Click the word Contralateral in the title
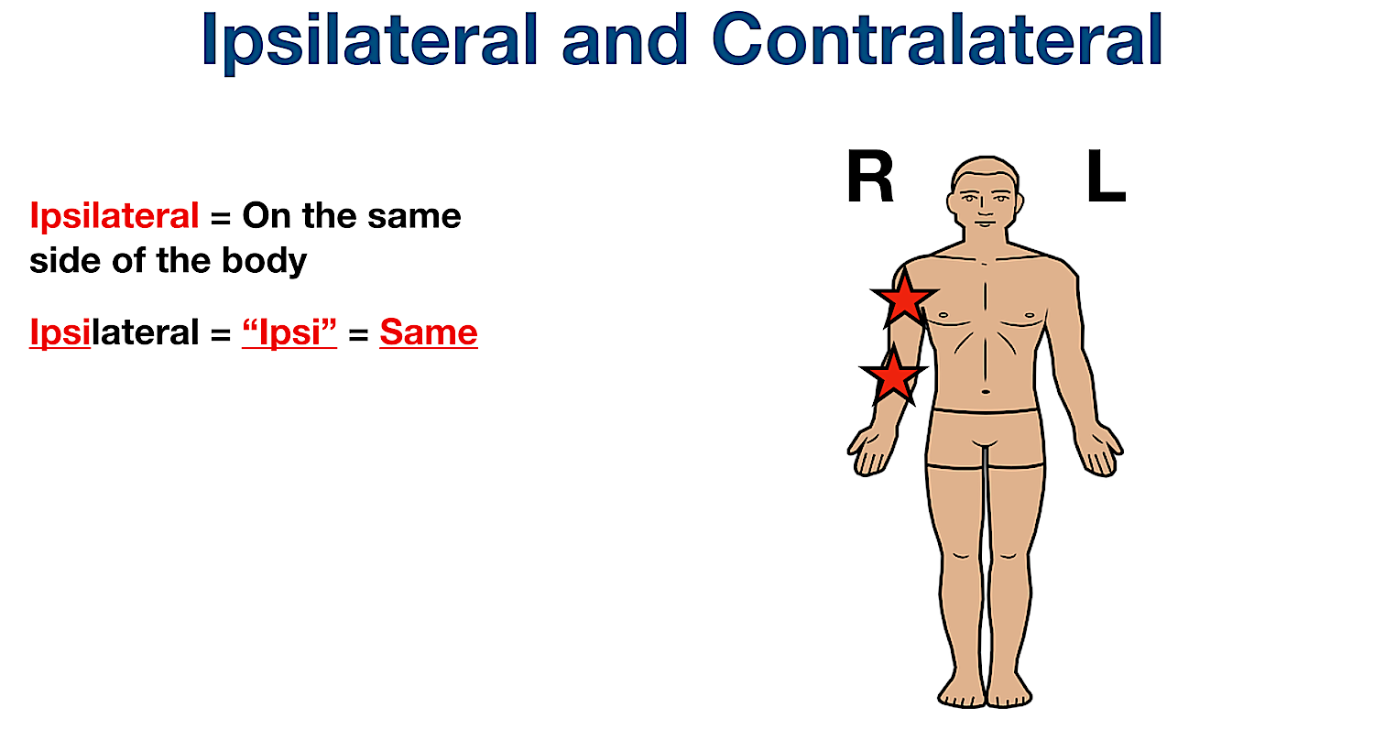pyautogui.click(x=937, y=41)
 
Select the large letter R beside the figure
pyautogui.click(x=869, y=180)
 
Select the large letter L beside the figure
pyautogui.click(x=1105, y=180)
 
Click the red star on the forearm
pyautogui.click(x=892, y=375)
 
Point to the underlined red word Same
pyautogui.click(x=428, y=332)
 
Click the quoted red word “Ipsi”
pyautogui.click(x=289, y=332)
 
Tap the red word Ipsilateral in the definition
pyautogui.click(x=114, y=216)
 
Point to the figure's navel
pyautogui.click(x=986, y=391)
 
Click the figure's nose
pyautogui.click(x=983, y=206)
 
